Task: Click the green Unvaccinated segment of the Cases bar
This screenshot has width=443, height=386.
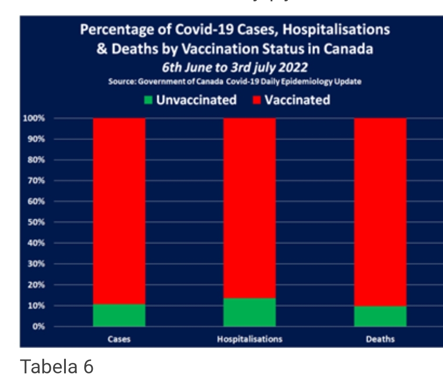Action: pos(119,315)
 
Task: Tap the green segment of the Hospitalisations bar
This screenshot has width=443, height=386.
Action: pos(249,312)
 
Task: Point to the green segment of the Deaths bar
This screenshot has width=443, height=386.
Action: pos(380,316)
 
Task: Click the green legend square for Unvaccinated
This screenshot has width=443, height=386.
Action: pos(149,100)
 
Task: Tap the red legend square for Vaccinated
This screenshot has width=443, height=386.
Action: pos(257,100)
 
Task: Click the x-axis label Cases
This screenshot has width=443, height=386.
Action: pos(119,339)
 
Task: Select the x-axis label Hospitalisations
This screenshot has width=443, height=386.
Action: pos(249,339)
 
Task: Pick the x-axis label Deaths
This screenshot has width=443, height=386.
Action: pos(380,339)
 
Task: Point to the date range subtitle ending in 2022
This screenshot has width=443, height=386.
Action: pos(235,68)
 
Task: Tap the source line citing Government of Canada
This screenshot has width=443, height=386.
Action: pos(235,82)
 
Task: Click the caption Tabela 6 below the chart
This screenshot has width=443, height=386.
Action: pos(57,367)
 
